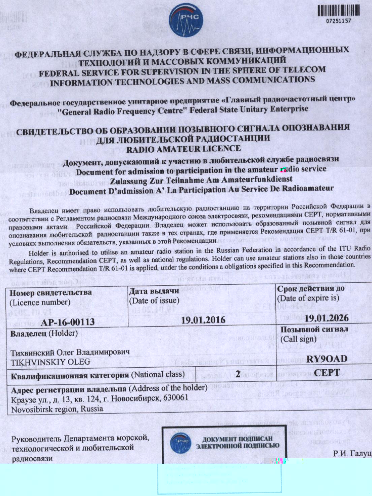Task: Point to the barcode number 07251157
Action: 338,21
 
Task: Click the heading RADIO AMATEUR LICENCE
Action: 183,149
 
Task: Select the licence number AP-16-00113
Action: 68,322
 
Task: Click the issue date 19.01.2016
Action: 203,319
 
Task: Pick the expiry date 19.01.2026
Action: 327,318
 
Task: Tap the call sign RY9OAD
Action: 327,359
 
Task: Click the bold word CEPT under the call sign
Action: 327,373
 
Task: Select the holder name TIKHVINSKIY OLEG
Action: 51,362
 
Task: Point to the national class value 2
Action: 238,374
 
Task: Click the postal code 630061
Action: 176,398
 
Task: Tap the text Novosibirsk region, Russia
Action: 57,409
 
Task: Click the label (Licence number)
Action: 40,302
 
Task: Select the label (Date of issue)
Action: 154,300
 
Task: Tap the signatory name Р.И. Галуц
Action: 352,454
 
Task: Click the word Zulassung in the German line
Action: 128,181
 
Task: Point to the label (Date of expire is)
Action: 308,298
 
